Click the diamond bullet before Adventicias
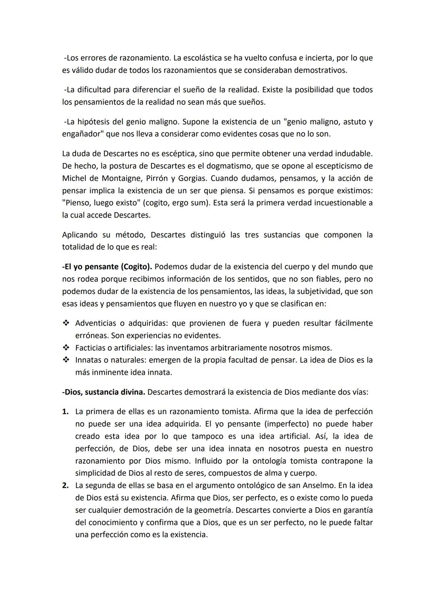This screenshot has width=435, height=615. point(66,323)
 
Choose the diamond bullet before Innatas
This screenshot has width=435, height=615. point(66,360)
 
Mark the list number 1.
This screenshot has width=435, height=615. point(65,412)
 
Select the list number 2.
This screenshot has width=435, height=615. point(65,485)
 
